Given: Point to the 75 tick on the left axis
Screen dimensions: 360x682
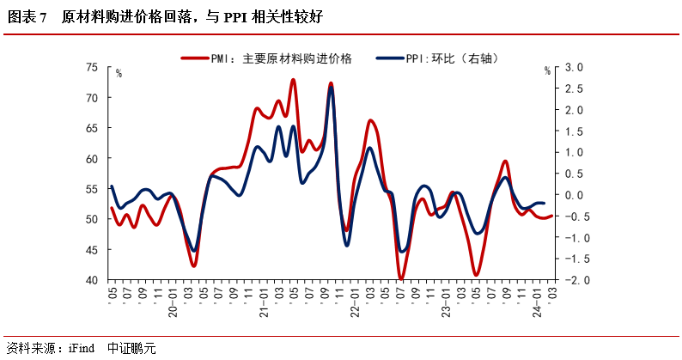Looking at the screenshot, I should (x=92, y=67).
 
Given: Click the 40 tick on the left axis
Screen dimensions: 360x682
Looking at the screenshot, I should (x=92, y=280).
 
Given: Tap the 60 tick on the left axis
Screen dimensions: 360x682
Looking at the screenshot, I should (x=92, y=159).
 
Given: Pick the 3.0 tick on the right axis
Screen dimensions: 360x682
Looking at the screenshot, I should (x=575, y=67).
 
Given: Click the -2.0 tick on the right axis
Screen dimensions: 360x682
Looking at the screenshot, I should (x=573, y=280).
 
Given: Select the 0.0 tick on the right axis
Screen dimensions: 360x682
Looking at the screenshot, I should (x=575, y=195).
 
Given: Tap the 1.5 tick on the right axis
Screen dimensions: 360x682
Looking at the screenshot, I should (x=575, y=131).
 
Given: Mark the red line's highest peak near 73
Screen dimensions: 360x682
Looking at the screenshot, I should (x=293, y=80).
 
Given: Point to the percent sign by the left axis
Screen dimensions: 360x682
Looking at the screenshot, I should (x=119, y=73).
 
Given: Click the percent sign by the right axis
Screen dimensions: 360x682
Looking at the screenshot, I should (x=546, y=72).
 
